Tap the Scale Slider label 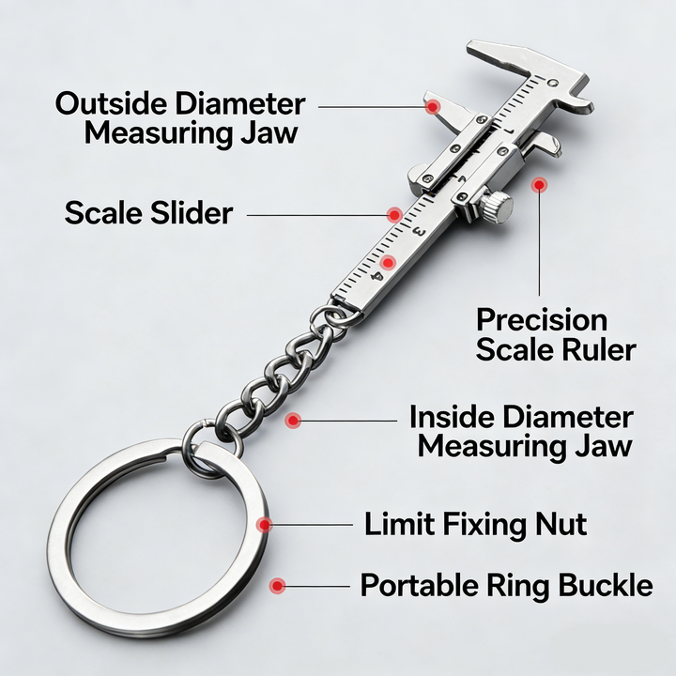click(148, 213)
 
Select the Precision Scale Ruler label click(555, 334)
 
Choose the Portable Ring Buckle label click(506, 586)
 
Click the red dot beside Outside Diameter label click(432, 106)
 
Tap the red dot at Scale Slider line click(395, 215)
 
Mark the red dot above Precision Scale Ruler click(539, 185)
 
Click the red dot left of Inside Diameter click(294, 422)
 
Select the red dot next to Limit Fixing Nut click(266, 524)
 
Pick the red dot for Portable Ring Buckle click(277, 586)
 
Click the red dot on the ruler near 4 click(386, 261)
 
